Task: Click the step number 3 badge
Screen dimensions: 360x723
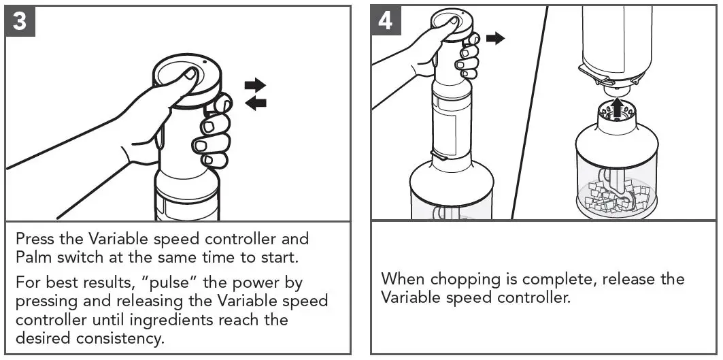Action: click(x=20, y=21)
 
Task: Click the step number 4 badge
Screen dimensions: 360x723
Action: click(x=385, y=21)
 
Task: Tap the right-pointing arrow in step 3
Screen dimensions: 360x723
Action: click(x=255, y=85)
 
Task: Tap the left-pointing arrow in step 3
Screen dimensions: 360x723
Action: click(x=255, y=103)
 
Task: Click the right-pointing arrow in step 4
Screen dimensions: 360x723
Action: click(x=496, y=38)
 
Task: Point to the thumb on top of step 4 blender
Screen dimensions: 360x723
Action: click(x=446, y=24)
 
